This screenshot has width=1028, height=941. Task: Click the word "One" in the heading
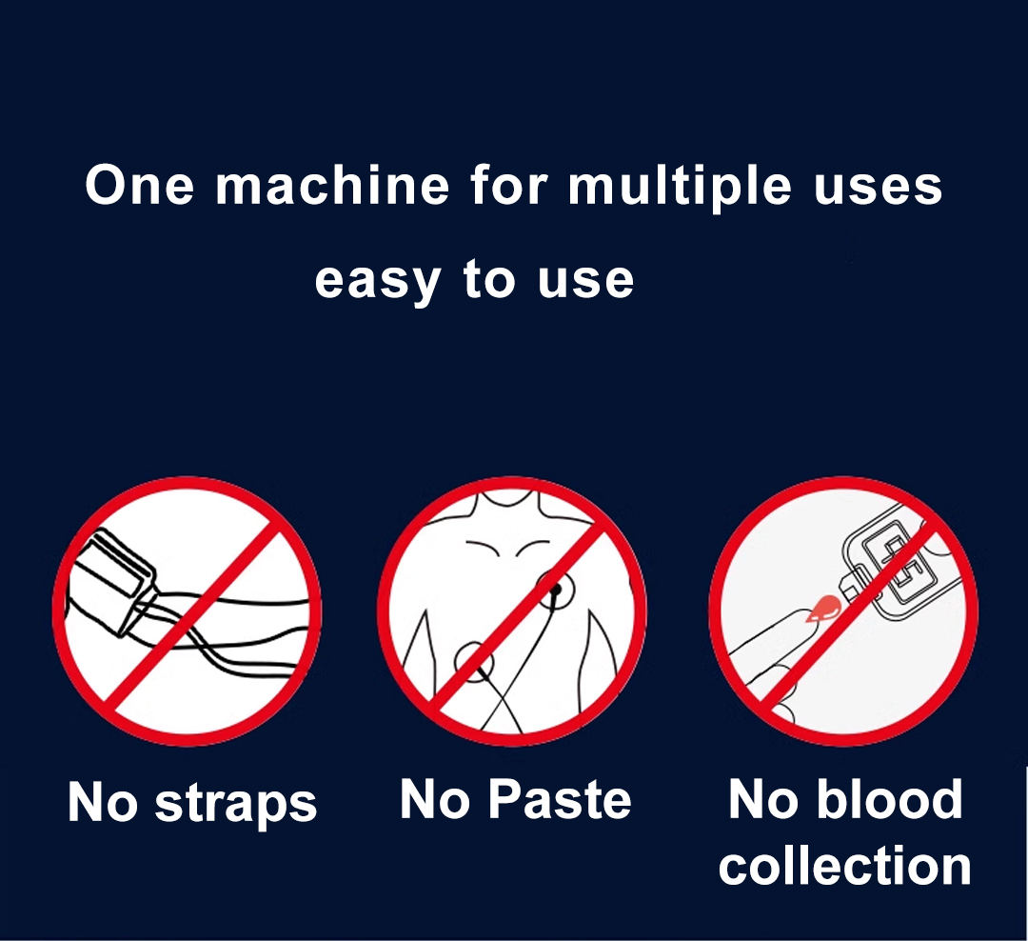(x=140, y=185)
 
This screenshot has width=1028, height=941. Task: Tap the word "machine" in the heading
(x=332, y=185)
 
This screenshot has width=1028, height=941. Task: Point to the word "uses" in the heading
(x=878, y=189)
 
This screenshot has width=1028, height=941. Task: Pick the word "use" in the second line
(x=585, y=280)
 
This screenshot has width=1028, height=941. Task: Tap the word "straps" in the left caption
(x=236, y=805)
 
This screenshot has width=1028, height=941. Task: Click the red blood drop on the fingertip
(x=824, y=609)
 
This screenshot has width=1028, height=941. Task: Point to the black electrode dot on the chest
(x=556, y=589)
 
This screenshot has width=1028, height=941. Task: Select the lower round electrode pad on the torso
(x=473, y=663)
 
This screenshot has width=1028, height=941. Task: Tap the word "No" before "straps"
(x=103, y=802)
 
